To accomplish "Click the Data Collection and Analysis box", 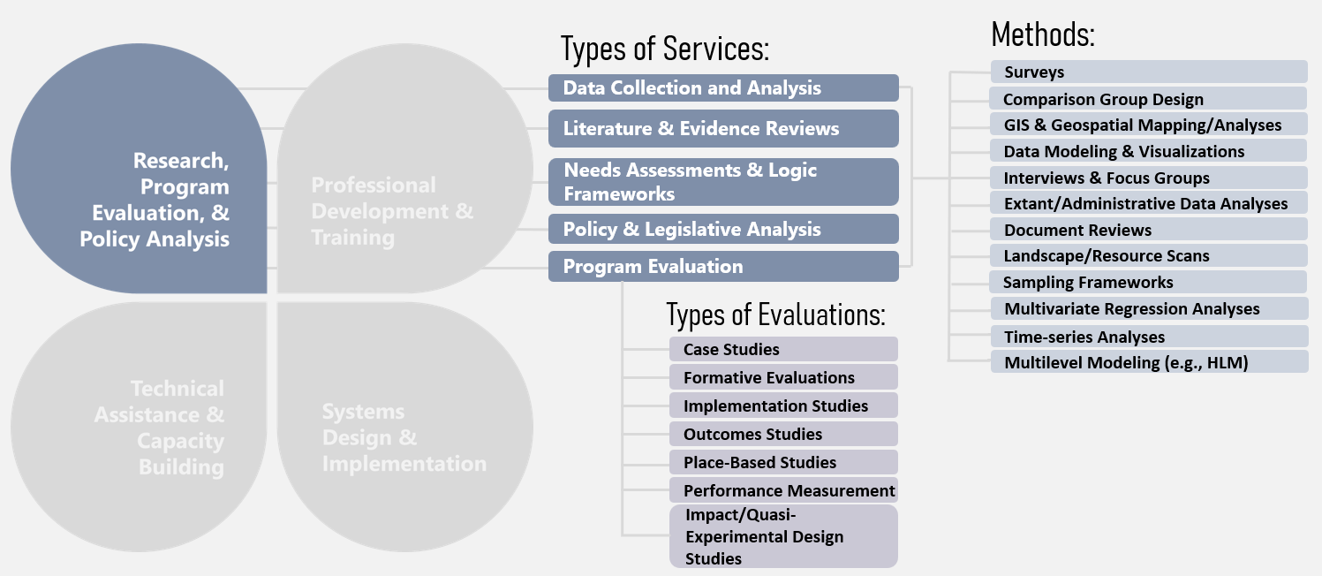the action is coord(723,88).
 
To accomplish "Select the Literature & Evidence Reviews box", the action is coord(723,129).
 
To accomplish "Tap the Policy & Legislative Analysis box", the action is coord(723,230).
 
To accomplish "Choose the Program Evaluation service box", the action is coord(723,267).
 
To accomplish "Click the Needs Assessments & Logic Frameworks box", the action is coord(723,182).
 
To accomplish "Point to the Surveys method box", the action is coord(1148,72).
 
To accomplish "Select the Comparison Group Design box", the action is coord(1148,99).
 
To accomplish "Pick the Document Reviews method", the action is coord(1148,231).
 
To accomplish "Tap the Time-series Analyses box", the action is coord(1148,337).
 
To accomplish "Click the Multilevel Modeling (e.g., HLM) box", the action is coord(1148,362).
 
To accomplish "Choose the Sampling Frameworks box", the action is coord(1148,283).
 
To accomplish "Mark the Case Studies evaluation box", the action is coord(783,350).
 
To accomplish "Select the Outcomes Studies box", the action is coord(783,434).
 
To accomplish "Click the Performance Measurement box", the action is coord(783,490).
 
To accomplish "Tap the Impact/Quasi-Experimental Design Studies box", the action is coord(783,536).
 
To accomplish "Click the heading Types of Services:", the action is coord(666,49).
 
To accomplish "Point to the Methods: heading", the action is coord(1043,34).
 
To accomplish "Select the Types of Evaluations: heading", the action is coord(775,314).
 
